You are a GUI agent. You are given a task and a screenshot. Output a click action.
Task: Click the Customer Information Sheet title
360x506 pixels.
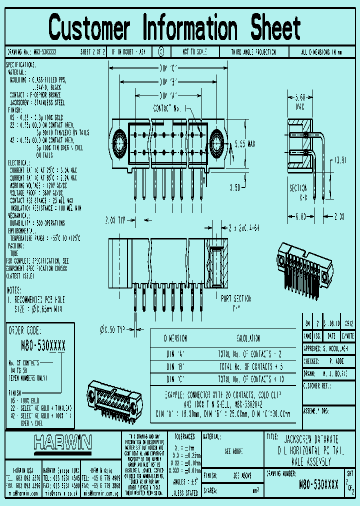coord(175,27)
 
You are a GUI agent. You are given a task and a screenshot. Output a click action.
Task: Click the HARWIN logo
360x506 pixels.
coord(63,442)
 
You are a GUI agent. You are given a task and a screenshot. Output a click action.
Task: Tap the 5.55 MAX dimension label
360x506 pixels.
coord(245,144)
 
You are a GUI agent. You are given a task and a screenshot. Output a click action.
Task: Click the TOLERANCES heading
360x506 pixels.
coord(184,436)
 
